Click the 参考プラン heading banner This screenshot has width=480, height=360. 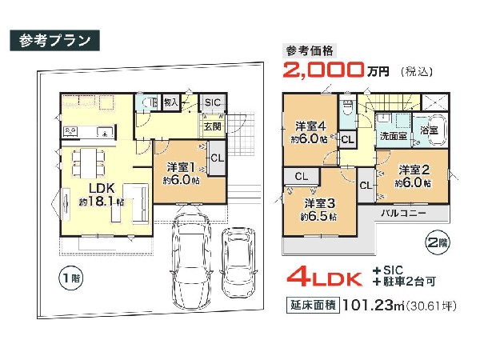point(54,41)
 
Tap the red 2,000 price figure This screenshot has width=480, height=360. point(323,70)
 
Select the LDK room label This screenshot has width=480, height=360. point(102,188)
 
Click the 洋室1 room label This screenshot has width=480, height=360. point(181,167)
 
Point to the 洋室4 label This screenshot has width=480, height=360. point(310,126)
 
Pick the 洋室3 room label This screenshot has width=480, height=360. point(319,203)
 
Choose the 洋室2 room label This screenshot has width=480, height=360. point(414,170)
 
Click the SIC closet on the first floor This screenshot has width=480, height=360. point(213,102)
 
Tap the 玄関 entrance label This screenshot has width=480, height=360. point(212,126)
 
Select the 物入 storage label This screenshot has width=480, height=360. point(171,102)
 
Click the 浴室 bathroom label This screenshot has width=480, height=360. point(429,130)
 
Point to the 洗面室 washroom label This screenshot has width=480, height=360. point(393,136)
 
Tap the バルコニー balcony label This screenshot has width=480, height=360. point(403,213)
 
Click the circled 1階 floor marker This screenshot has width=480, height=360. point(70,278)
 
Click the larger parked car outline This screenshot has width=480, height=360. point(190,261)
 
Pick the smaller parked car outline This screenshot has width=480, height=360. point(238,263)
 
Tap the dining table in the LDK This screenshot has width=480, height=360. point(88,164)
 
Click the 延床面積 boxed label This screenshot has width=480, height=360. point(313,306)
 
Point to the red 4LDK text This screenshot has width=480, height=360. point(325,277)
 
